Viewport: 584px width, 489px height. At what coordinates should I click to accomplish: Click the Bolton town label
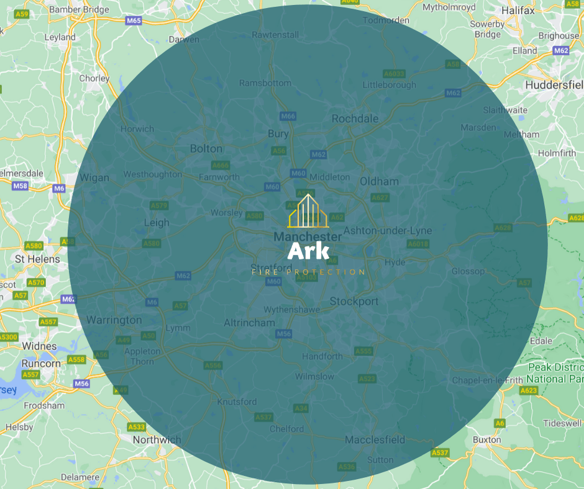[x=206, y=149]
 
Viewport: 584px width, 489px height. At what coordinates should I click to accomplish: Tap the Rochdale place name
[x=355, y=119]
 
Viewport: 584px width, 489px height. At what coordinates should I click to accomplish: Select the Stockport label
[x=354, y=302]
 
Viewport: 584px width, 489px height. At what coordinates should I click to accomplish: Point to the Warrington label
[x=114, y=320]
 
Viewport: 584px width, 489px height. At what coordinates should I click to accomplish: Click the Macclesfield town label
[x=375, y=440]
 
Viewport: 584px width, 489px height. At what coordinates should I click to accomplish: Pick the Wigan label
[x=94, y=178]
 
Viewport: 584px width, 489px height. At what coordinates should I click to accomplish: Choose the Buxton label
[x=486, y=439]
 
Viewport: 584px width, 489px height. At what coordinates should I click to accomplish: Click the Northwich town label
[x=157, y=440]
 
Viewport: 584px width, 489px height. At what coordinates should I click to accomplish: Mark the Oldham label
[x=379, y=182]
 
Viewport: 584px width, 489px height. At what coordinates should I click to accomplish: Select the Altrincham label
[x=249, y=323]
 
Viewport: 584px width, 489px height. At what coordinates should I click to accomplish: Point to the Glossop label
[x=468, y=271]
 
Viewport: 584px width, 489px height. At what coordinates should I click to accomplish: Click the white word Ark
[x=309, y=251]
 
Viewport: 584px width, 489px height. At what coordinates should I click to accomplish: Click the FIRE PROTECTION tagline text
[x=308, y=272]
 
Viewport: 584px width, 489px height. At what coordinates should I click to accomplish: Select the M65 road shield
[x=134, y=20]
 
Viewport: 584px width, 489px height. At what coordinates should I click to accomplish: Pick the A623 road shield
[x=529, y=390]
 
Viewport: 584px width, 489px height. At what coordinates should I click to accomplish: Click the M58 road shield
[x=21, y=186]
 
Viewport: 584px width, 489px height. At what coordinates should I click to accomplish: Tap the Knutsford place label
[x=237, y=402]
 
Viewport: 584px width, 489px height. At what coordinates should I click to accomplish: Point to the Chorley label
[x=94, y=79]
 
